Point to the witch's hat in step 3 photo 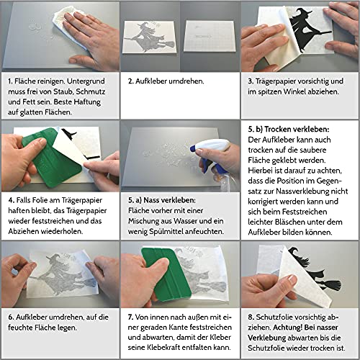coord(303,13)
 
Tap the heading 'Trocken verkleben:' coord(297,129)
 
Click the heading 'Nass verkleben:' coord(169,200)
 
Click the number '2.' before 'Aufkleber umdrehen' coord(130,81)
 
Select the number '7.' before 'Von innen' coord(130,317)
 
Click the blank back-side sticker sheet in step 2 coord(209,36)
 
